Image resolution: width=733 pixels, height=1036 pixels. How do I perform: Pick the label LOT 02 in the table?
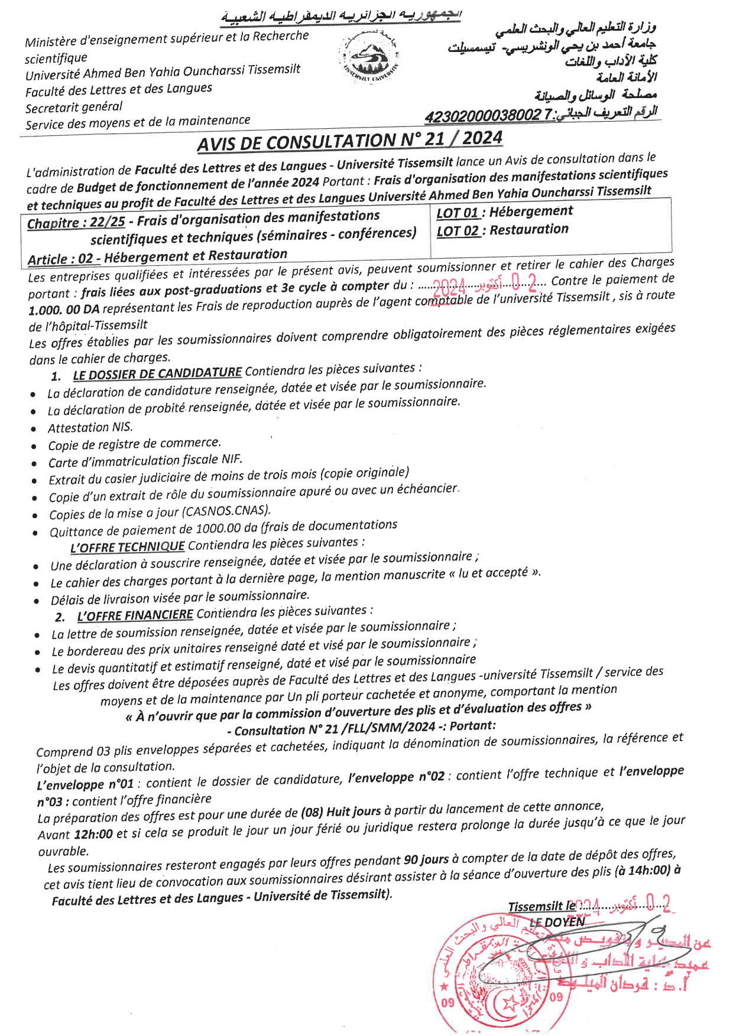click(458, 231)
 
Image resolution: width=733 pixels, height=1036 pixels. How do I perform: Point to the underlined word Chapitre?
click(53, 223)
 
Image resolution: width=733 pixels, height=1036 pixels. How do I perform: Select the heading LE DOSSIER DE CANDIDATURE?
click(157, 373)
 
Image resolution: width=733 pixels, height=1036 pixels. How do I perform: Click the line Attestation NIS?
click(90, 428)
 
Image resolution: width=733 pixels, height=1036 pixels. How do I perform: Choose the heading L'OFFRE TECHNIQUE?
click(127, 547)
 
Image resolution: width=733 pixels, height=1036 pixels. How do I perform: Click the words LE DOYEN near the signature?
click(557, 922)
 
